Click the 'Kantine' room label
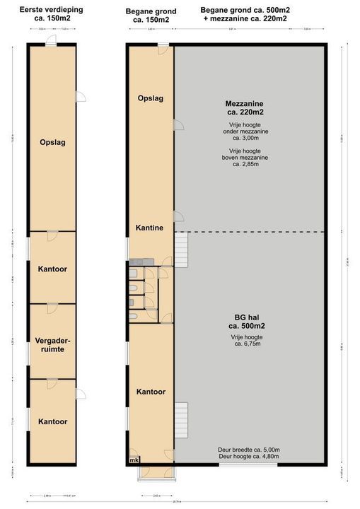[x=150, y=228]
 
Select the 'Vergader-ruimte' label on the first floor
[x=52, y=345]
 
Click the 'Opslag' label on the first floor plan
[x=52, y=142]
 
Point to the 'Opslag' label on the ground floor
[x=150, y=98]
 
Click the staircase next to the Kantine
[x=182, y=249]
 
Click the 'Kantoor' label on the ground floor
[x=150, y=392]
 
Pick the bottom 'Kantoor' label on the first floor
[x=52, y=422]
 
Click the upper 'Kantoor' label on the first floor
[x=52, y=268]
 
